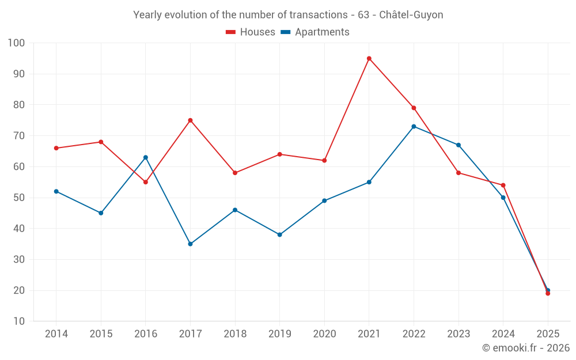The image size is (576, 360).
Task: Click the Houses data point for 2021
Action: coord(369,58)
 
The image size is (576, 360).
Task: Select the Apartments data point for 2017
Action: coord(190,244)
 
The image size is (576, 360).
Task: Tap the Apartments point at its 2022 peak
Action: coord(414,126)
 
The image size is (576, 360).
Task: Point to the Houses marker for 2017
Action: coord(190,120)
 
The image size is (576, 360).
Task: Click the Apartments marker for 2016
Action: coord(146,157)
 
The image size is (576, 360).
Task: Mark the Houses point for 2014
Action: coord(56,148)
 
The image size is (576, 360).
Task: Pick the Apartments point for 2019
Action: coord(280,234)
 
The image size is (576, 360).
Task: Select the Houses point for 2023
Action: coord(458,173)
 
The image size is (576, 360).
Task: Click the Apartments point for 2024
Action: coord(503,198)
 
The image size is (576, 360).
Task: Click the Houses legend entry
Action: coord(251,32)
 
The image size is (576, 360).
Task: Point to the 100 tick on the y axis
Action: coord(17,43)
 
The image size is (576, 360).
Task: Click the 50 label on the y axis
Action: coord(19,198)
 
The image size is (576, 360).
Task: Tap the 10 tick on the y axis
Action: coord(19,321)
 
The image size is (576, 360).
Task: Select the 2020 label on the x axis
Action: coord(324,334)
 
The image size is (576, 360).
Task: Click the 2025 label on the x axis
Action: coord(548,334)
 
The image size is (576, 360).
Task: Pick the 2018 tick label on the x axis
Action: coord(235,334)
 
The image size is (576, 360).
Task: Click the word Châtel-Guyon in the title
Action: coord(411,15)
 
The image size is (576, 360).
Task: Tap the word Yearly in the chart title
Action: coord(147,15)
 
